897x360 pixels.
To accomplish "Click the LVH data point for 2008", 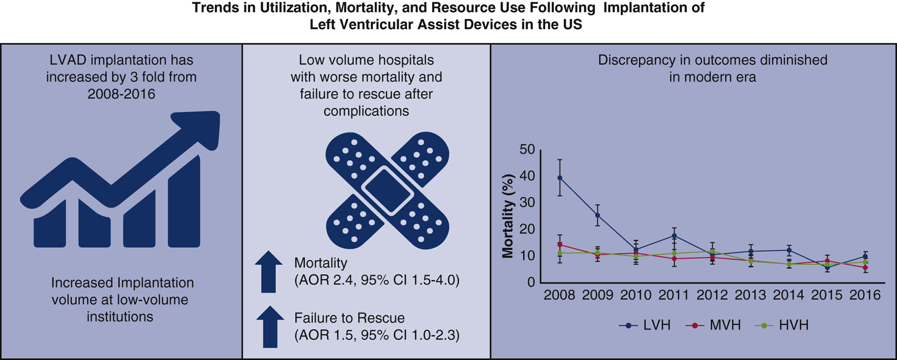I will [x=560, y=178].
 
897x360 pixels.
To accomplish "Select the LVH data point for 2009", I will [x=598, y=215].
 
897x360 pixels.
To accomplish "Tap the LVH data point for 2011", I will [x=674, y=236].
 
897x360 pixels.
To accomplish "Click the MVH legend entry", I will [x=713, y=325].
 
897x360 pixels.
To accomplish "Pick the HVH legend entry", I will [x=782, y=325].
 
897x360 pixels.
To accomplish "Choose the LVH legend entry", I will [x=645, y=325].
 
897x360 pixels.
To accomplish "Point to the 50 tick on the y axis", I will [x=527, y=150].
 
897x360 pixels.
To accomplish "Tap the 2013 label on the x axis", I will [x=750, y=295].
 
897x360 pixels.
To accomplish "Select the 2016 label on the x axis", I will [x=865, y=295].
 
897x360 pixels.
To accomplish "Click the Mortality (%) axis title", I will [x=508, y=216].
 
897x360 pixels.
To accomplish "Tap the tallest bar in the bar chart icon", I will [x=184, y=203].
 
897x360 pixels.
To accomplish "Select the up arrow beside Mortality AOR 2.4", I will [x=269, y=271].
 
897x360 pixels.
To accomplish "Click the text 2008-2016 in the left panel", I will [x=121, y=94].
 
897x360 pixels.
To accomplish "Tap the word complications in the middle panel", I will [x=366, y=111].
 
